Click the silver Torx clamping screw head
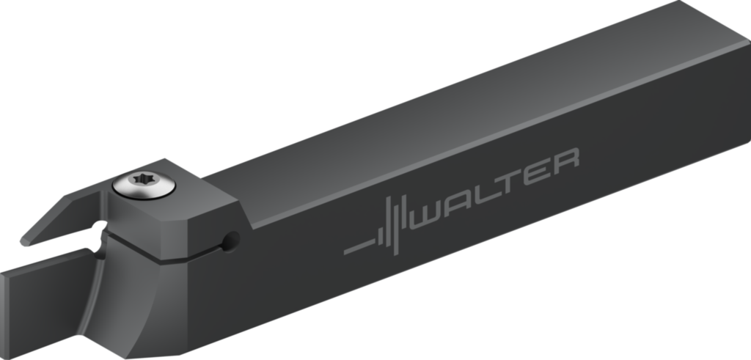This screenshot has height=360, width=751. click(144, 185)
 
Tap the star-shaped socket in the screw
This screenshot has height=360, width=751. click(144, 180)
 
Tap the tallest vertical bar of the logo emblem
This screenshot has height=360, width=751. click(395, 225)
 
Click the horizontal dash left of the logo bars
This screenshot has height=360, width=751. click(359, 247)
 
